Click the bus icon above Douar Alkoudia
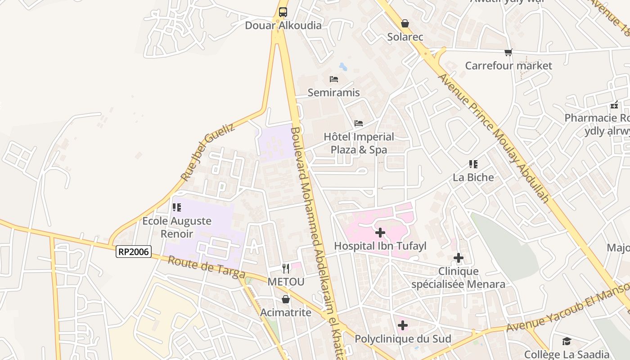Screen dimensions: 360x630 [283, 12]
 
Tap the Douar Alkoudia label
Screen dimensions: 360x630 [283, 25]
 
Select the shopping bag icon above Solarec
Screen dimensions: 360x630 [405, 23]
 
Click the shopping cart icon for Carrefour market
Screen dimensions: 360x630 [508, 53]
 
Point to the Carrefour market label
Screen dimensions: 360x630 [508, 66]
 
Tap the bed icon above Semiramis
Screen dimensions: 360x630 [334, 79]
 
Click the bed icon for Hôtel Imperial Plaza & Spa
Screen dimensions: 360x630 [359, 123]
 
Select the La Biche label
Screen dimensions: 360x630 [473, 177]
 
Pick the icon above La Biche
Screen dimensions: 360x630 [473, 164]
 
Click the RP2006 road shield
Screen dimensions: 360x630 [134, 251]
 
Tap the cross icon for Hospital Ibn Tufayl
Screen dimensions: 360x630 [380, 233]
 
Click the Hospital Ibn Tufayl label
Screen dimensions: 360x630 [380, 246]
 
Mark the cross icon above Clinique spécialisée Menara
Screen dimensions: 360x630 [459, 258]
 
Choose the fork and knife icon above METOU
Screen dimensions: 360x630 [286, 269]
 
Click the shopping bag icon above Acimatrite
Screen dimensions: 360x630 [286, 299]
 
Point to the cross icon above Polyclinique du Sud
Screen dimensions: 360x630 [403, 325]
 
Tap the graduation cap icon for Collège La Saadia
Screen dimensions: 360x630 [567, 342]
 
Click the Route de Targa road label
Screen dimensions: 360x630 [207, 267]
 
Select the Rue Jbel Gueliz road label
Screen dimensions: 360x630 [208, 152]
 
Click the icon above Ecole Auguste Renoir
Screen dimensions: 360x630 [177, 207]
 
